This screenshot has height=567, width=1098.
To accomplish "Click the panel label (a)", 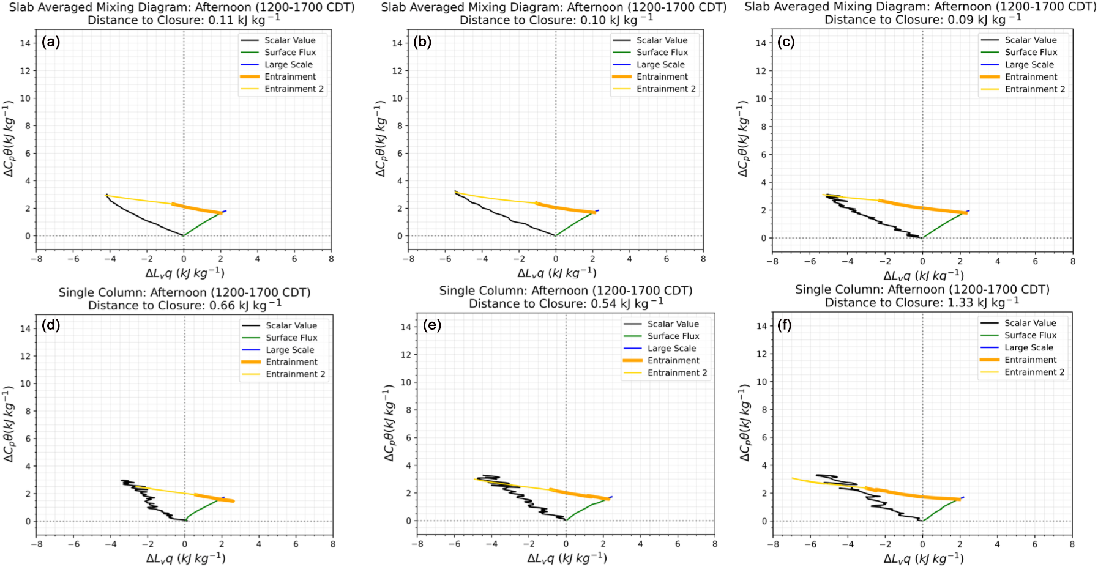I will pos(51,42).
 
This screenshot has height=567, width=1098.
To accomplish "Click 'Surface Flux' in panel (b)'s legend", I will pos(662,53).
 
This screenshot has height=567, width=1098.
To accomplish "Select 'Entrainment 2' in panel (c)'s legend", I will pos(1034,89).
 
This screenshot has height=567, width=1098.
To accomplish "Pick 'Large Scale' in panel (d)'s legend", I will pos(289,350).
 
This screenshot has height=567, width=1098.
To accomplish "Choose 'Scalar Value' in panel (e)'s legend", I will pos(673,324).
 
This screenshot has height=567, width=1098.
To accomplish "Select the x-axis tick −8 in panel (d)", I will pos(37,544).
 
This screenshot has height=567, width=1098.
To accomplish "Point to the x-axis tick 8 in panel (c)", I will pos(1072,261).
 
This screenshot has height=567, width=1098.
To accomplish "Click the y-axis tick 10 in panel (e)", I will pos(405,382).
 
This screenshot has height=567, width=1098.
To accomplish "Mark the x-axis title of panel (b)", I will pos(556,273).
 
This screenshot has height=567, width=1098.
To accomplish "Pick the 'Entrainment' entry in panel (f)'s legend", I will pos(1030,360).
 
